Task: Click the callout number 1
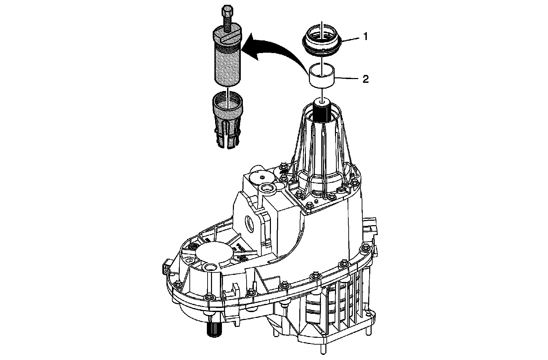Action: point(365,36)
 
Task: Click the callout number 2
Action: point(365,79)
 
